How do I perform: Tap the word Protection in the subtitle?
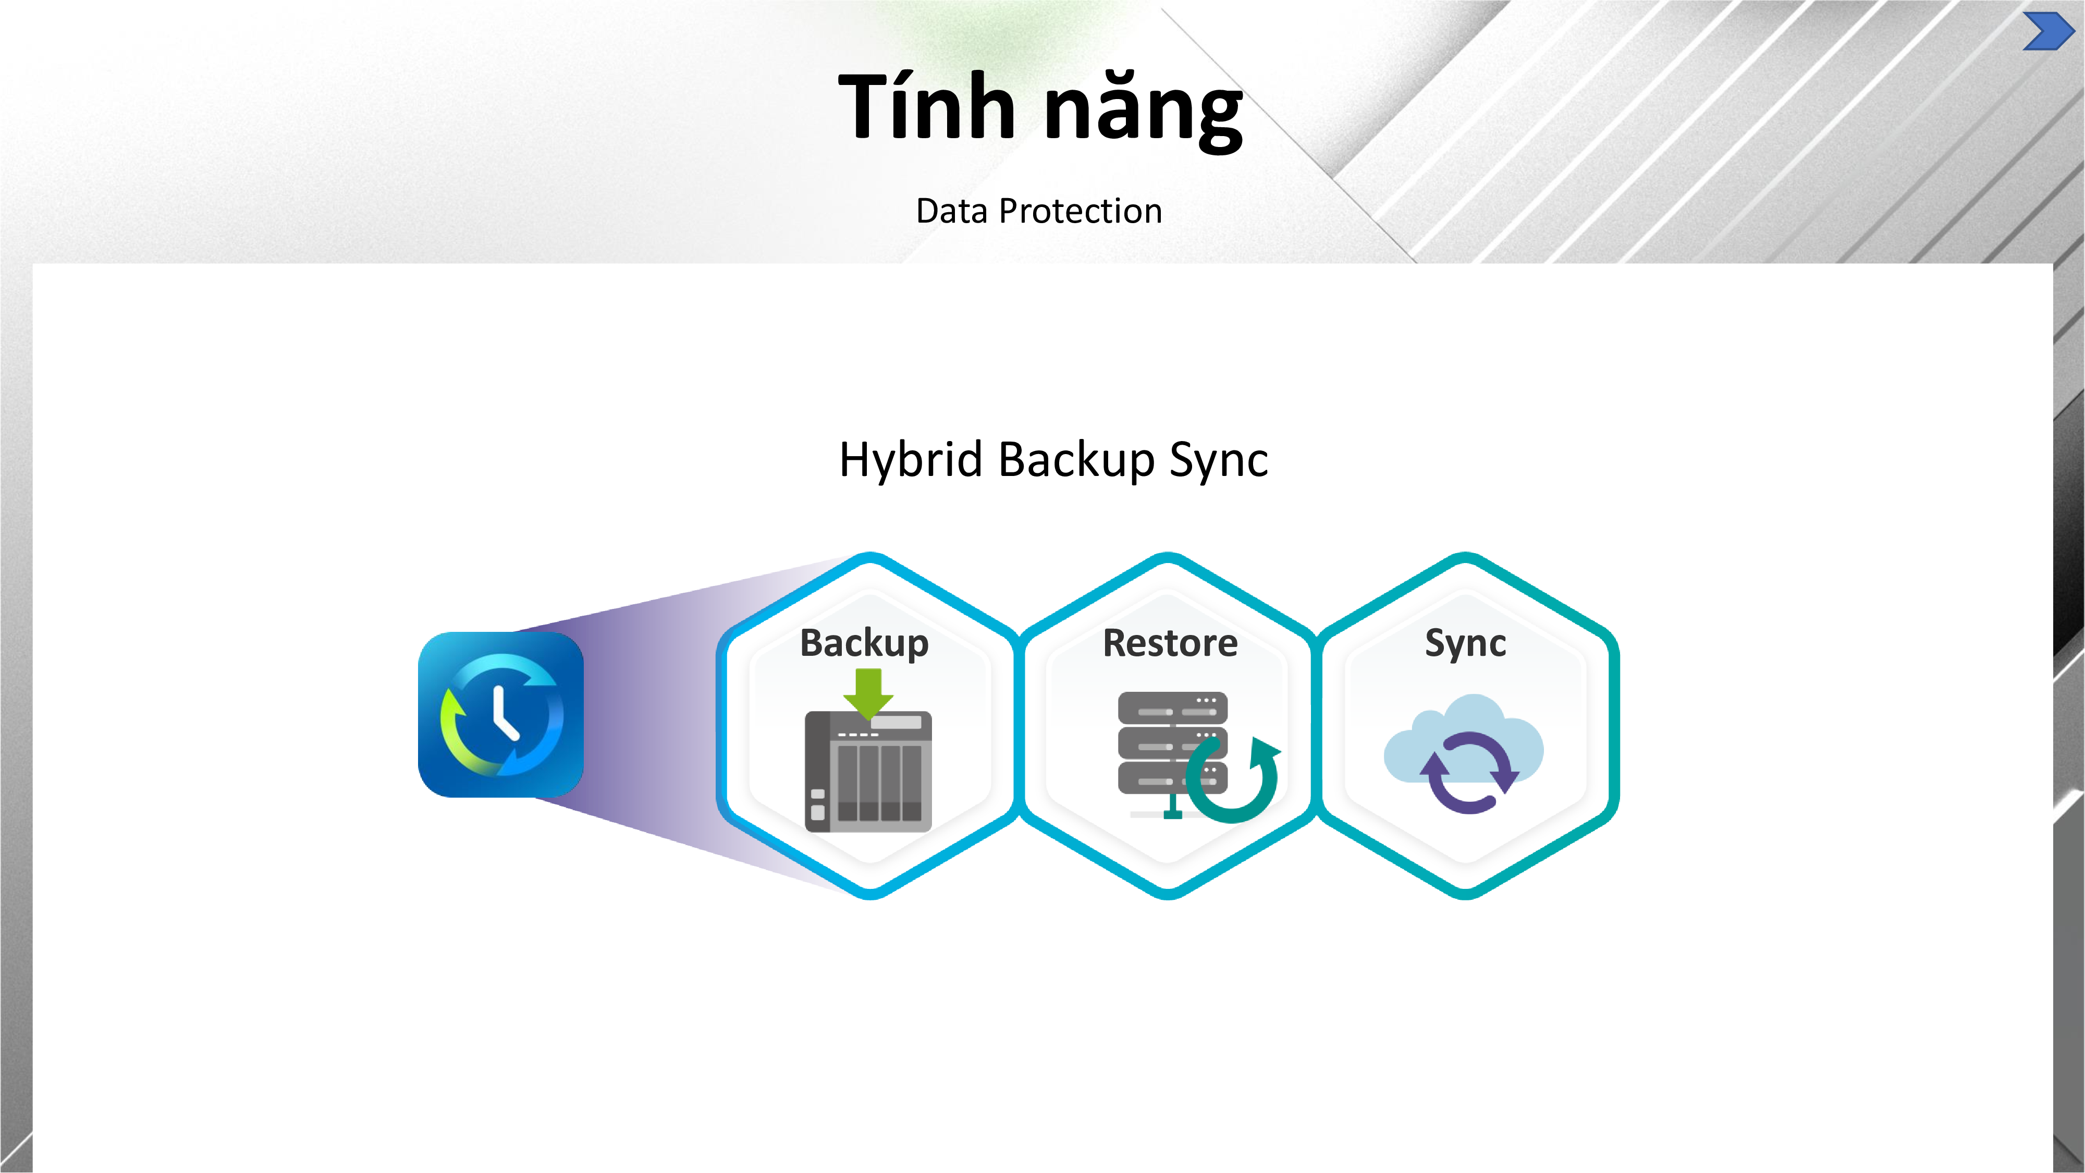pos(1081,211)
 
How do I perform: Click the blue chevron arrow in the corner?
pos(2046,32)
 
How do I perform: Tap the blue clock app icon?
pos(500,715)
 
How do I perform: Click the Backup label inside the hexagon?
pos(864,643)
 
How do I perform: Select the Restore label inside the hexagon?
pos(1170,643)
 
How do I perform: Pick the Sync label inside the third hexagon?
pos(1465,643)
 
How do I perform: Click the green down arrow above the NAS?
pos(868,693)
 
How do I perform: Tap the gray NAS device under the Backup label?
pos(868,777)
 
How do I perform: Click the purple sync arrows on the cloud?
pos(1467,773)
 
